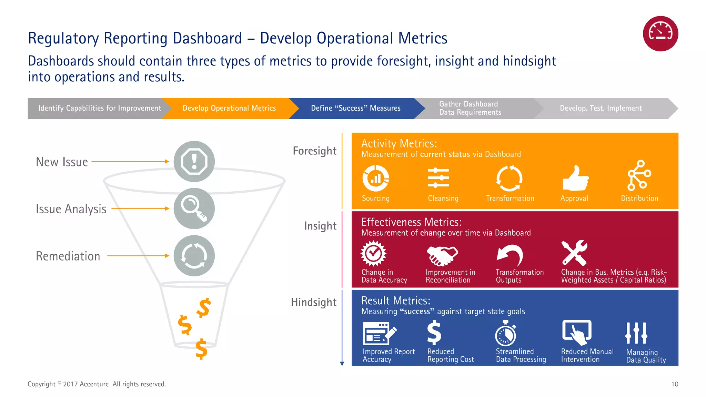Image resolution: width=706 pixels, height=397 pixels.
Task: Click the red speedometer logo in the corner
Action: [x=660, y=34]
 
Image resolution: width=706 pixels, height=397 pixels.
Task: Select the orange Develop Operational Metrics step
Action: [x=229, y=108]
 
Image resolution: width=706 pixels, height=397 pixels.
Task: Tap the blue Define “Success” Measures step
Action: [x=355, y=108]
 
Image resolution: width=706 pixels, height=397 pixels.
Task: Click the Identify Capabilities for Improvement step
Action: [x=99, y=108]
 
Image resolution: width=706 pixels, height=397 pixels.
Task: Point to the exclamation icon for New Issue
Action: [x=194, y=161]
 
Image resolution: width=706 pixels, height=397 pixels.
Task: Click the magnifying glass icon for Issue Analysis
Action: [x=194, y=208]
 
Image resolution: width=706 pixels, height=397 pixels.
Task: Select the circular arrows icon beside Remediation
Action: [x=194, y=256]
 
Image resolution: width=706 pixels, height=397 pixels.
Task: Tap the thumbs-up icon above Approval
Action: [x=575, y=178]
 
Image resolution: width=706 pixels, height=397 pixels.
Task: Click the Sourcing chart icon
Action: [x=375, y=178]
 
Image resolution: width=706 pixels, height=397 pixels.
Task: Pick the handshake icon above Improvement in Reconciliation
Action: [x=442, y=255]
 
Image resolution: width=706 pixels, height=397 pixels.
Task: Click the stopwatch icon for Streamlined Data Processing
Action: [x=505, y=333]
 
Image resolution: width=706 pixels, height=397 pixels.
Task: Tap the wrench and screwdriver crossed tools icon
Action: [x=574, y=253]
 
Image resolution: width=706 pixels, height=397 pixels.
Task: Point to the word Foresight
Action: [x=314, y=151]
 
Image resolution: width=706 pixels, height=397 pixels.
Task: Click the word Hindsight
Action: [x=313, y=302]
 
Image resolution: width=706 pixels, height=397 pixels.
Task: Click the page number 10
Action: [x=675, y=384]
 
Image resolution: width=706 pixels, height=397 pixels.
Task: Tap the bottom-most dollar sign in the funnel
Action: [x=201, y=349]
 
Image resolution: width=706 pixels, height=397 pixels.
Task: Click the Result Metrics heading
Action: [x=396, y=301]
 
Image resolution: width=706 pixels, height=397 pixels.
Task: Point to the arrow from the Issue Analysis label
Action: [x=140, y=208]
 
